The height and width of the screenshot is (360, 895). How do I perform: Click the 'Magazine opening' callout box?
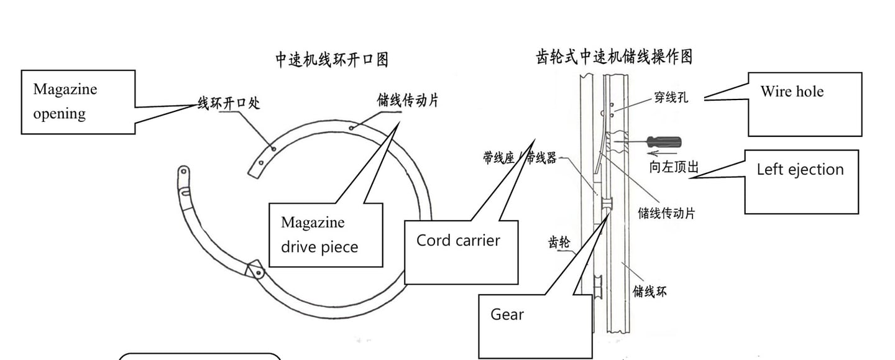click(x=78, y=101)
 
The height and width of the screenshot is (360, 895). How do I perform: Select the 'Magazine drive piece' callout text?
click(x=319, y=235)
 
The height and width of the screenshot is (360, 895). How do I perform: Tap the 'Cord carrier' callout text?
click(x=458, y=241)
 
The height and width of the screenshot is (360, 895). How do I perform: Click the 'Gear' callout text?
click(x=507, y=315)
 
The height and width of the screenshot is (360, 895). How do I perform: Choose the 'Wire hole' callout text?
click(x=792, y=91)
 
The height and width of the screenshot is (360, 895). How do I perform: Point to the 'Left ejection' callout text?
click(x=800, y=170)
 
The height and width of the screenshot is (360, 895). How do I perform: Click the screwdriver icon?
click(x=664, y=142)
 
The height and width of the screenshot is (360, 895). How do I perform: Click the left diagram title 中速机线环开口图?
click(x=332, y=60)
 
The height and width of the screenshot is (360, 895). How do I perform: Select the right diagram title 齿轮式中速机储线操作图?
click(x=613, y=57)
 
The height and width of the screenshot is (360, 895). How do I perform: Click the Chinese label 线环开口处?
click(x=228, y=103)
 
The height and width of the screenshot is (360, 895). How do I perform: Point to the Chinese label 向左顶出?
click(x=674, y=167)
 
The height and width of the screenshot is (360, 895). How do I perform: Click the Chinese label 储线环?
click(x=650, y=290)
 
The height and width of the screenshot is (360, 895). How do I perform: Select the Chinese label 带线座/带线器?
click(x=520, y=157)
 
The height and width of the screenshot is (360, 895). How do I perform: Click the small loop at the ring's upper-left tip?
click(x=183, y=171)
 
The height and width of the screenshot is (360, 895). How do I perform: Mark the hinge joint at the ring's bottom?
click(x=255, y=271)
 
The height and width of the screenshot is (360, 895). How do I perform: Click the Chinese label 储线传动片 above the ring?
click(x=407, y=100)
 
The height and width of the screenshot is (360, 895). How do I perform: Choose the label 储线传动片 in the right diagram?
click(x=666, y=213)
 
